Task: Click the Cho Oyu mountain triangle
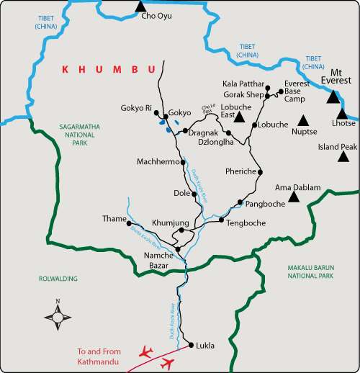140,6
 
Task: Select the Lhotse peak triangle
342,112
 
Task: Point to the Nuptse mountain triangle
303,121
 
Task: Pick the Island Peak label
338,147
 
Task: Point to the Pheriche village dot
260,172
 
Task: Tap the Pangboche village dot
240,202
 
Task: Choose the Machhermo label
156,162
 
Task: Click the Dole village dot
194,193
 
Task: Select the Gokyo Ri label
137,109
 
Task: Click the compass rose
58,315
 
